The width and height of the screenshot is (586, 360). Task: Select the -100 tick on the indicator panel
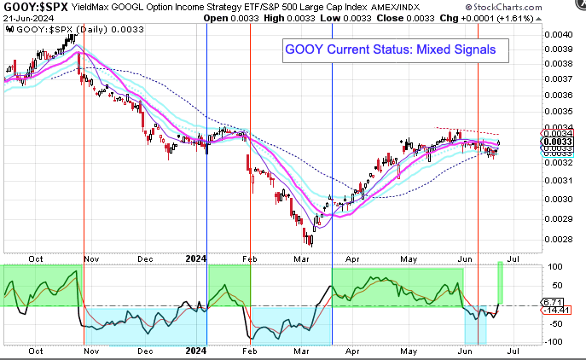pyautogui.click(x=554, y=342)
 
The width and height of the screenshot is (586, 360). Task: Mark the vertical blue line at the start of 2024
pyautogui.click(x=207, y=136)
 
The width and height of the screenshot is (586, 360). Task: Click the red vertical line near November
pyautogui.click(x=84, y=136)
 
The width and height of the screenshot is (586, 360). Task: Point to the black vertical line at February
pyautogui.click(x=250, y=136)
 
